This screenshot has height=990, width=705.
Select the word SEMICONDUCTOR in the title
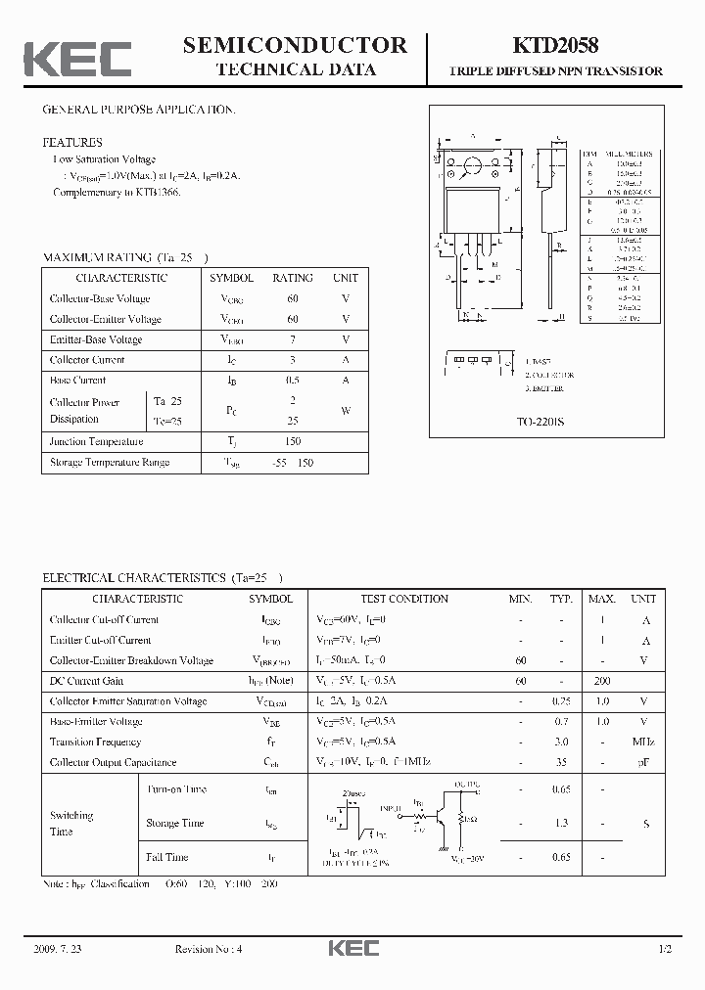tap(295, 45)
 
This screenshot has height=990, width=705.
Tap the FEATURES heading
tap(71, 142)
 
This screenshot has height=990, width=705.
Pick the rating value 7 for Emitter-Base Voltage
tap(293, 339)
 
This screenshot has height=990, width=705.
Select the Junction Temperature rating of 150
tap(293, 441)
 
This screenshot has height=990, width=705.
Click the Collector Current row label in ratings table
tap(87, 360)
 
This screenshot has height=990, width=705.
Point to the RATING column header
tap(293, 278)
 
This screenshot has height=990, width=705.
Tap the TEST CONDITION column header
tap(404, 599)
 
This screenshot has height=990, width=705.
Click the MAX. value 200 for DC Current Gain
tap(601, 681)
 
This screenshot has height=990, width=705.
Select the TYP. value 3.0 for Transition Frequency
tap(561, 742)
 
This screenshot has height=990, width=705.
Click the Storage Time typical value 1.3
tap(561, 824)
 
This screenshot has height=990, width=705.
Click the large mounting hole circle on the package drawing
tap(472, 165)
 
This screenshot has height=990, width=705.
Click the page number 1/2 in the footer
tap(664, 950)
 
